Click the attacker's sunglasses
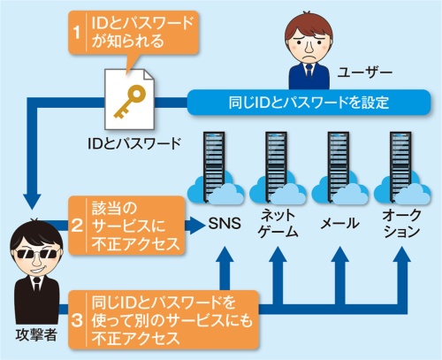pyautogui.click(x=34, y=247)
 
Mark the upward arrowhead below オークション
pyautogui.click(x=399, y=257)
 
